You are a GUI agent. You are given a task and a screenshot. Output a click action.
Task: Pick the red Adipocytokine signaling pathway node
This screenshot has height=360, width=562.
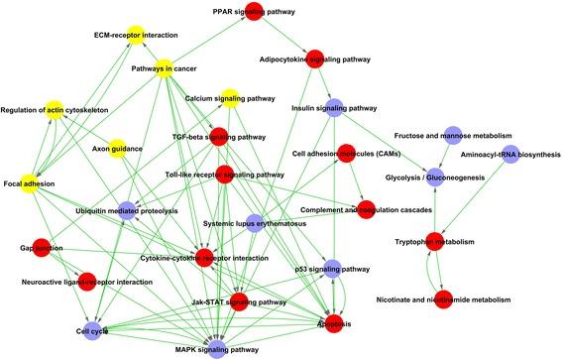tap(316, 58)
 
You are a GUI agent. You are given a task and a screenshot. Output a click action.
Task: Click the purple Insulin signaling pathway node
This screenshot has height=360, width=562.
tap(334, 107)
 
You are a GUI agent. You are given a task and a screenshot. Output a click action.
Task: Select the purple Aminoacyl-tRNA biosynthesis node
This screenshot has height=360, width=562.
tap(508, 155)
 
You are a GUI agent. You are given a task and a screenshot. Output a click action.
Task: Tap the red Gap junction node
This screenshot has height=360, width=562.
tap(43, 247)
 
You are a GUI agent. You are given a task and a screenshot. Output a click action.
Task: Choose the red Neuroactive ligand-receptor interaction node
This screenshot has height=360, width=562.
tap(86, 282)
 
